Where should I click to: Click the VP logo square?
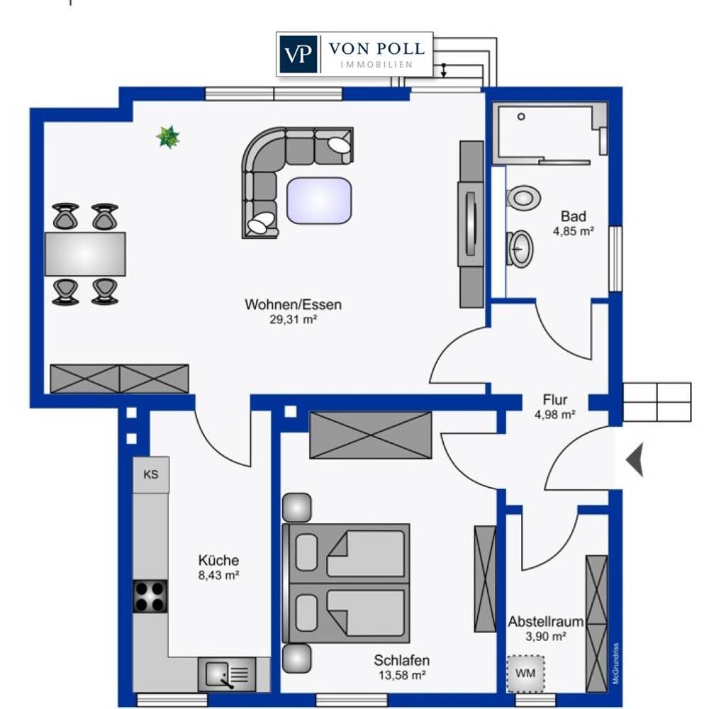coord(298,54)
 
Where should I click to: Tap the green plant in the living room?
coord(168,137)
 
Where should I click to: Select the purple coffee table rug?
coord(319,201)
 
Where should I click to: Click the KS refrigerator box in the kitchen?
coord(151,474)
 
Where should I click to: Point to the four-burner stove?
coord(150,596)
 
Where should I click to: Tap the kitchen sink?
coord(227,674)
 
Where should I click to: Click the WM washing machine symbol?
coord(525,674)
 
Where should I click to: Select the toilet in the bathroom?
coord(524,198)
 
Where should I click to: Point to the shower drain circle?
coord(521,117)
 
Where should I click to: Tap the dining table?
coord(85,254)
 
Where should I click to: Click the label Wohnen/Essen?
coord(293,304)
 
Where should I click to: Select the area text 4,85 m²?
coord(574,231)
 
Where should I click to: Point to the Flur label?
coord(555,400)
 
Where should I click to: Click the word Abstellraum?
coord(546,622)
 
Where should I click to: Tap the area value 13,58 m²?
coord(402,676)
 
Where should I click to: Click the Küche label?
coord(218,560)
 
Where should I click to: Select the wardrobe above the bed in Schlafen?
coord(371,435)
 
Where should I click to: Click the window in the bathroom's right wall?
coord(615,259)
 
